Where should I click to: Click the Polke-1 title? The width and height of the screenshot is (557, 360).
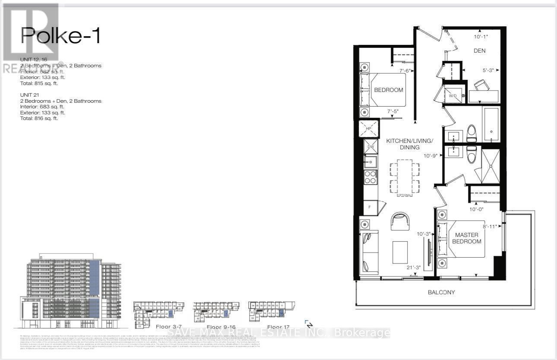(x=60, y=35)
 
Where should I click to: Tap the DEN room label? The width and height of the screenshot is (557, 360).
(x=479, y=51)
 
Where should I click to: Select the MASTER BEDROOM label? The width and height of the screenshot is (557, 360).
(x=466, y=238)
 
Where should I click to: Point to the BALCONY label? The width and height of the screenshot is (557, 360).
(x=441, y=292)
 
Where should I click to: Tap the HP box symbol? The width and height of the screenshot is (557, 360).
(x=368, y=129)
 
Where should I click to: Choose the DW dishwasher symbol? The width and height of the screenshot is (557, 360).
(x=370, y=147)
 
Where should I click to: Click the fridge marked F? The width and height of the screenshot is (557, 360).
(x=370, y=207)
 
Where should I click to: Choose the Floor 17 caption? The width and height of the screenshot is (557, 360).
(x=278, y=327)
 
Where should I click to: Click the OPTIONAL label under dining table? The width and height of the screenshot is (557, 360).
(x=404, y=196)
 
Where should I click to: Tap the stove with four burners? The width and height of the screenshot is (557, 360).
(x=370, y=177)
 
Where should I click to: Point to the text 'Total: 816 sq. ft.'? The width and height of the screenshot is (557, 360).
(x=39, y=118)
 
